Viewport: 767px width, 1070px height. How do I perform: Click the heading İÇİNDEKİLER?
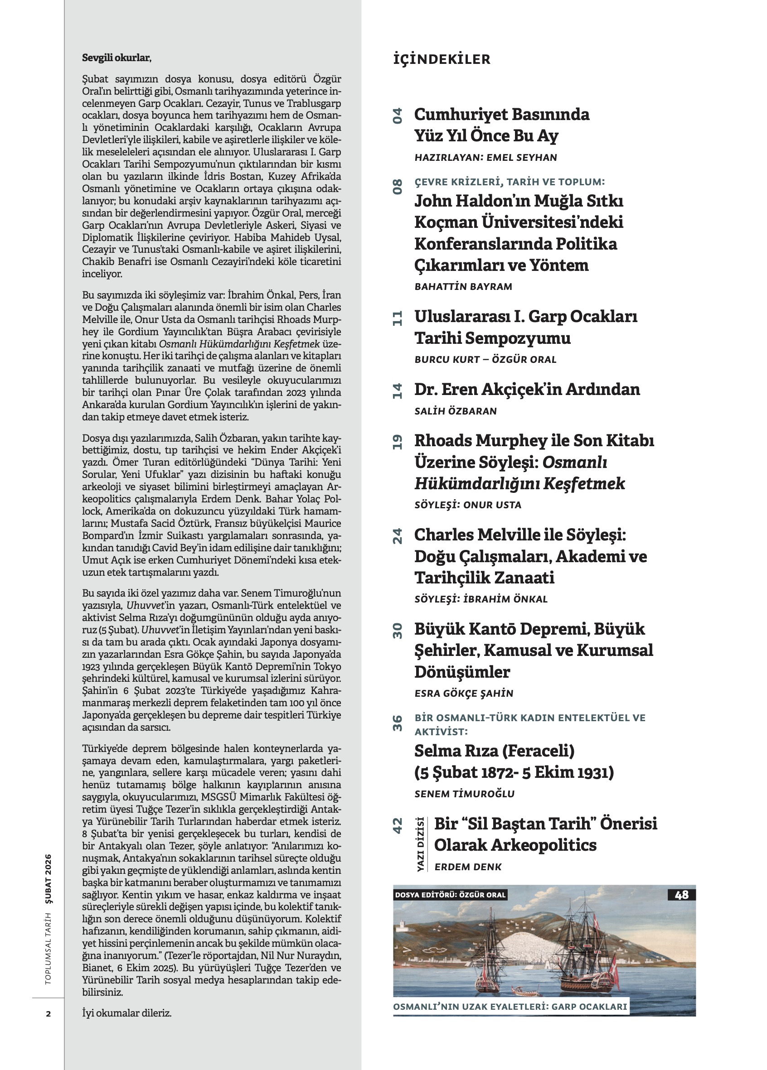coord(442,59)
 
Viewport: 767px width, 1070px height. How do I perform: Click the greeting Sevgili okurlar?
coord(117,58)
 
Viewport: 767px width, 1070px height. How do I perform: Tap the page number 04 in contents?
coord(398,116)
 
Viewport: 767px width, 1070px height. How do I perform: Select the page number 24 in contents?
coord(398,536)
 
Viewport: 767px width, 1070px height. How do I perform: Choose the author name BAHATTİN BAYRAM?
coord(463,287)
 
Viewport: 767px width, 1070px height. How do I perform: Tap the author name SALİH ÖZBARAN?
coord(456,411)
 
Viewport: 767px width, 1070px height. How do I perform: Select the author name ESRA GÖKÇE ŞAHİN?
coord(463,694)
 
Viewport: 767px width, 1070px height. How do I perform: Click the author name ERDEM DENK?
coord(468,867)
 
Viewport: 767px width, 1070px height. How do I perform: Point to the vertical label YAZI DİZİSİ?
coord(420,844)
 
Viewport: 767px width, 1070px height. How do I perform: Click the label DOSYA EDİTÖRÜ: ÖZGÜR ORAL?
coord(450,895)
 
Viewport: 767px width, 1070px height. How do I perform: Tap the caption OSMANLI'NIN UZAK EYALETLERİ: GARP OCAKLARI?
coord(510,1007)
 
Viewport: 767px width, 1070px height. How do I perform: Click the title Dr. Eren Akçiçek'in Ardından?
coord(527,390)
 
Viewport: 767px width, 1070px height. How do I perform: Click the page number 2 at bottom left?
coord(48,1014)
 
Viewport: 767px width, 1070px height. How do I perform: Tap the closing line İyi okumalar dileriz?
coord(126,1013)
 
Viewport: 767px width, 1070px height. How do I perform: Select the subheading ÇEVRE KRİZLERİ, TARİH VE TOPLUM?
coord(509,182)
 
